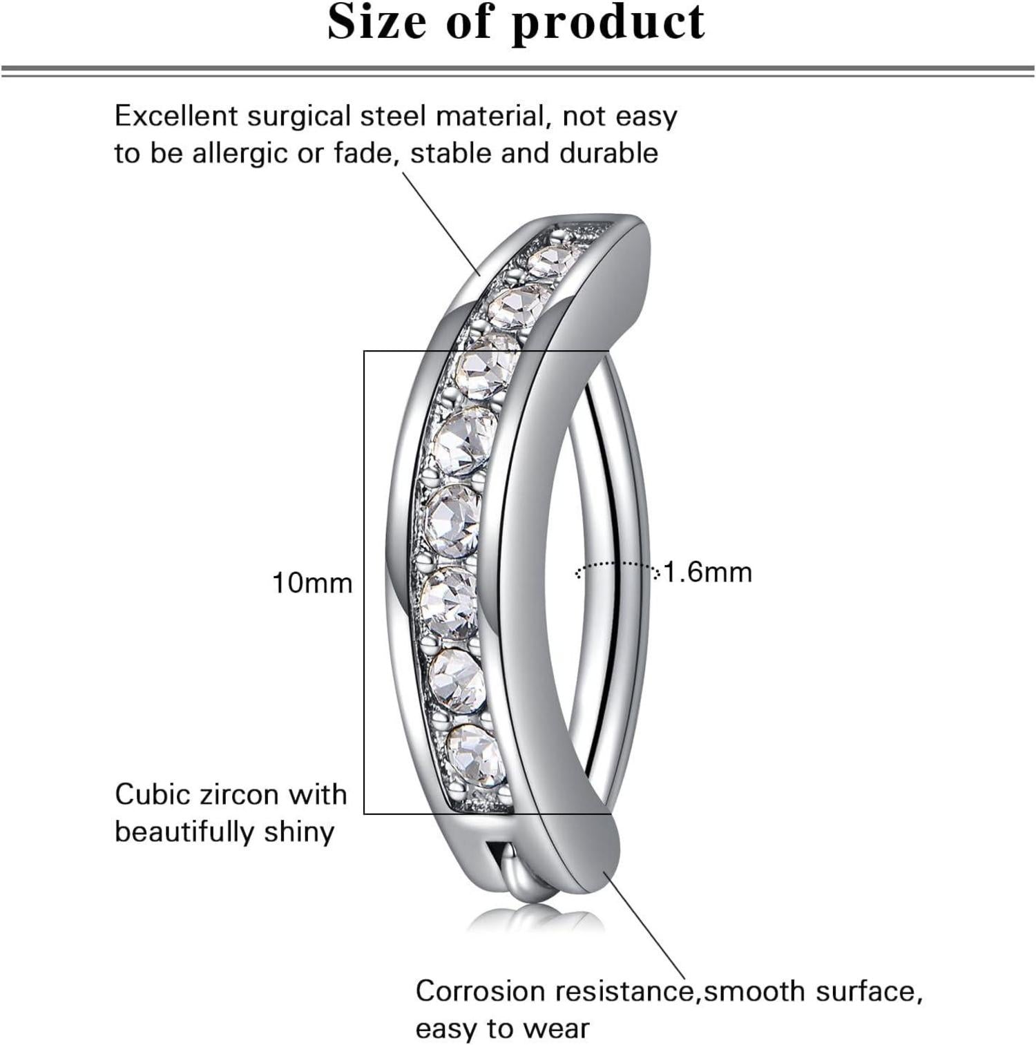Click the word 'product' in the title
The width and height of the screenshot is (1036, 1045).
(608, 23)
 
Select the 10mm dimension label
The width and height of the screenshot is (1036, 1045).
(312, 583)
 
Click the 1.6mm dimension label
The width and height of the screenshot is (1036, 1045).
(708, 573)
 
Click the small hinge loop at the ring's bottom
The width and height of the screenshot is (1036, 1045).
(508, 876)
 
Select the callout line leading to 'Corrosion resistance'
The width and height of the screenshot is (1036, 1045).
(644, 926)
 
